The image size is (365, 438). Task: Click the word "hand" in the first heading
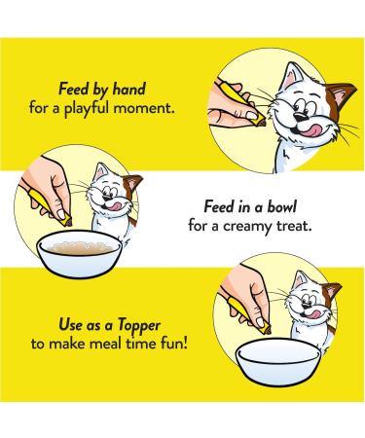pyautogui.click(x=129, y=89)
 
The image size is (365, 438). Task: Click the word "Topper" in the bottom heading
pyautogui.click(x=139, y=326)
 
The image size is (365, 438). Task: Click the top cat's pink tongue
pyautogui.click(x=310, y=130)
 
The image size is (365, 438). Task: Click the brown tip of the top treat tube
pyautogui.click(x=261, y=122)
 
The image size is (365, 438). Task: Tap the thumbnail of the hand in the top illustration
pyautogui.click(x=252, y=115)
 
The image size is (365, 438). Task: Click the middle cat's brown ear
pyautogui.click(x=132, y=185)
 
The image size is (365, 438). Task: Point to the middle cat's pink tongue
pyautogui.click(x=114, y=206)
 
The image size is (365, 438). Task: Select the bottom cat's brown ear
pyautogui.click(x=331, y=293)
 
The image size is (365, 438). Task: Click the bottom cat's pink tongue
pyautogui.click(x=312, y=314)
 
